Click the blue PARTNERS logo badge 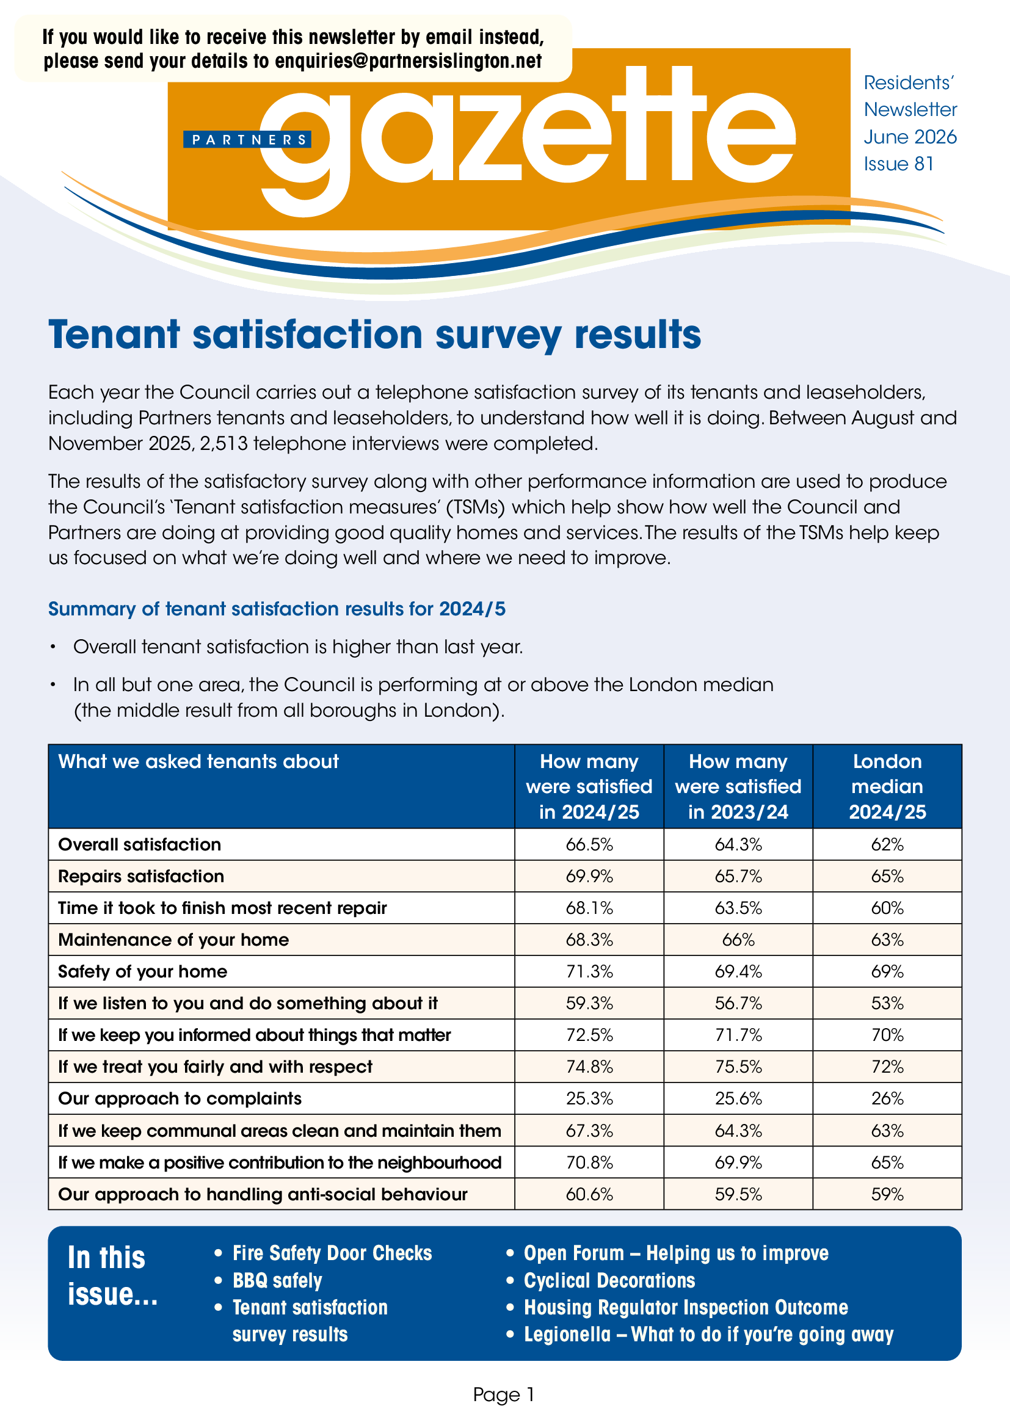point(247,139)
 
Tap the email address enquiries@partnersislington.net point(409,61)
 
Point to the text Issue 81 point(898,164)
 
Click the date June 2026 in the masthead point(910,137)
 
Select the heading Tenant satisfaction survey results point(375,335)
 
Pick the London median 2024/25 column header point(887,786)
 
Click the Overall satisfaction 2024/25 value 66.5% point(589,844)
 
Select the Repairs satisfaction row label point(141,876)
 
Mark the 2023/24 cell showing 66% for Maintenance point(738,940)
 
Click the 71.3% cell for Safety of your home point(589,971)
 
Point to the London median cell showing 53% point(887,1003)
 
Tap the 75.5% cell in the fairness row point(738,1067)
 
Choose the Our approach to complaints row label point(180,1098)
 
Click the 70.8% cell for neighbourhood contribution point(589,1162)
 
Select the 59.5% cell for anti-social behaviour point(738,1194)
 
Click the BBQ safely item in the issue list point(277,1281)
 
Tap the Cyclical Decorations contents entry point(609,1280)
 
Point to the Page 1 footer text point(504,1394)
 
